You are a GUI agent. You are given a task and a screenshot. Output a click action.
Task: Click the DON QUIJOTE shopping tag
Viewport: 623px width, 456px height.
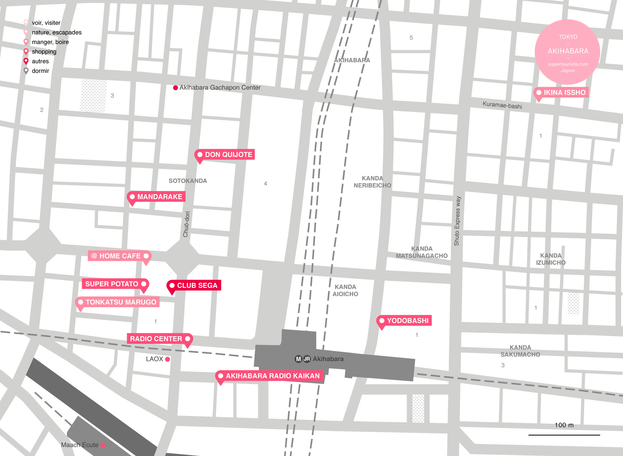pyautogui.click(x=225, y=154)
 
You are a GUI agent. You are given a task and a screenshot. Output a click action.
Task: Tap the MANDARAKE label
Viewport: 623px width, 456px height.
pyautogui.click(x=156, y=197)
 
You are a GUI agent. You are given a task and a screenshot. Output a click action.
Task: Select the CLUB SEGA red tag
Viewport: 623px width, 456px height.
pyautogui.click(x=194, y=285)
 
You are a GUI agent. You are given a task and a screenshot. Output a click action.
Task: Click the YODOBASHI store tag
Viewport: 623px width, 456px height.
pyautogui.click(x=404, y=321)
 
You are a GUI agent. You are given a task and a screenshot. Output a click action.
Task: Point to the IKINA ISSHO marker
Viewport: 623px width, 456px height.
pyautogui.click(x=561, y=92)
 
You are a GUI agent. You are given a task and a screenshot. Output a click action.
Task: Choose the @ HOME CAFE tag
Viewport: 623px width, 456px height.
pyautogui.click(x=119, y=256)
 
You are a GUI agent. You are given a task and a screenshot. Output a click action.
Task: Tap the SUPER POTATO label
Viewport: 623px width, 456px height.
pyautogui.click(x=115, y=284)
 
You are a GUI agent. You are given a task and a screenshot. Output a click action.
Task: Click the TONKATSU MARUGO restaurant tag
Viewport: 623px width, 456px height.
pyautogui.click(x=118, y=302)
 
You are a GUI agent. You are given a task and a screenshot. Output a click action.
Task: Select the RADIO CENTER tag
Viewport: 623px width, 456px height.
pyautogui.click(x=159, y=339)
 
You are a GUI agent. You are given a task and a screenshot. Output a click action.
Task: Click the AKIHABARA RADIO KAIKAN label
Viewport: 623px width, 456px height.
pyautogui.click(x=269, y=376)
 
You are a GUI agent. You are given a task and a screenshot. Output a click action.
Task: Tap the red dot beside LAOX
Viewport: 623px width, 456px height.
pyautogui.click(x=167, y=359)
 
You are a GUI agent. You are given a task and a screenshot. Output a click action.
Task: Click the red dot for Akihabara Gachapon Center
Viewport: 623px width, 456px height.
pyautogui.click(x=175, y=88)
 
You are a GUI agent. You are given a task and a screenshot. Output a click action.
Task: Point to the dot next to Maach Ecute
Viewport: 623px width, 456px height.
pyautogui.click(x=103, y=445)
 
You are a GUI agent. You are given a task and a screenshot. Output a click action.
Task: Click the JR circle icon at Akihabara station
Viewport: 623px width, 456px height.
pyautogui.click(x=307, y=359)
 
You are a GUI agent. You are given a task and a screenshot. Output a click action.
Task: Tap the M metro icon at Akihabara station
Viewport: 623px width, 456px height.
pyautogui.click(x=298, y=359)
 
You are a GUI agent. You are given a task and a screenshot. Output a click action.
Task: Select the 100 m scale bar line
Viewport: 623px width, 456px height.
pyautogui.click(x=564, y=435)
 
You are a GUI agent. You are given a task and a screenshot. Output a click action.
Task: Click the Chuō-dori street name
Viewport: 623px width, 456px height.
pyautogui.click(x=186, y=224)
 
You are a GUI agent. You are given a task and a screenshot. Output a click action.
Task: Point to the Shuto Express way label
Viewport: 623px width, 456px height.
pyautogui.click(x=457, y=221)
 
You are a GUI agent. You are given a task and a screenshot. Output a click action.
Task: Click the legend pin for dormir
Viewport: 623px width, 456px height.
pyautogui.click(x=26, y=71)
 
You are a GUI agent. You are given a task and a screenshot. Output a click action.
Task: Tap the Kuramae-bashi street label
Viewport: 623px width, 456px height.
pyautogui.click(x=502, y=105)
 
